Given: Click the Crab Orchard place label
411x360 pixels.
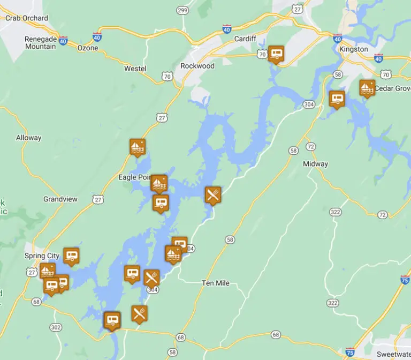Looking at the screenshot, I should [26, 18].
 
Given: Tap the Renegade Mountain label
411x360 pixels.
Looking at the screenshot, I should [40, 43].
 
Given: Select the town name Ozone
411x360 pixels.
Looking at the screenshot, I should [88, 48].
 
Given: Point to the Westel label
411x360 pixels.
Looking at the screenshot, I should [135, 69].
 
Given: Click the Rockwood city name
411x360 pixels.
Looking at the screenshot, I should [197, 66].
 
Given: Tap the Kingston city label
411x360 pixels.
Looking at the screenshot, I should [354, 49].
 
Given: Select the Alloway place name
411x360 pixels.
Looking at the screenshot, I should [29, 138].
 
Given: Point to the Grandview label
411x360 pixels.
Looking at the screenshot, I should [60, 199].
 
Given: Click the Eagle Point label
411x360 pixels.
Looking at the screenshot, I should [134, 177].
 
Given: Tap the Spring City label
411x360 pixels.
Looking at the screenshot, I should [42, 256].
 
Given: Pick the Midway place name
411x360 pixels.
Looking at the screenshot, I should [315, 164].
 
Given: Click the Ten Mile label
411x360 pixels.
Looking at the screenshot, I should [216, 283].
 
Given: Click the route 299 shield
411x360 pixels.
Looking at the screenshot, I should [182, 10].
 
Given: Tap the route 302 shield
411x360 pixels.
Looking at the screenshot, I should [56, 327].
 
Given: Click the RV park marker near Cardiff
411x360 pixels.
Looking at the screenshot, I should [276, 54].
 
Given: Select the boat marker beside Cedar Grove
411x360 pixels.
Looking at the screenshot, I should [367, 87].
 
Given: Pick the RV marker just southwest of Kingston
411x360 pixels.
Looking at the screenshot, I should [337, 99].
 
